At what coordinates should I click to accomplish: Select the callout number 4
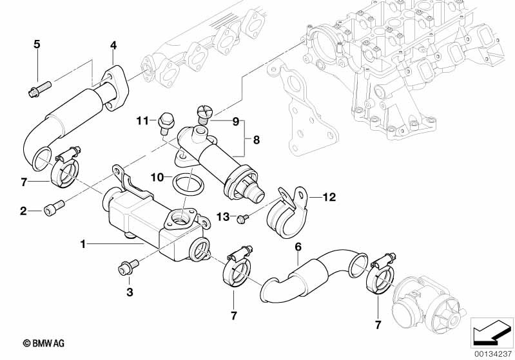tap(113, 45)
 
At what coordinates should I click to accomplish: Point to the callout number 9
tap(236, 121)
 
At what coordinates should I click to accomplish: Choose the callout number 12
tap(329, 197)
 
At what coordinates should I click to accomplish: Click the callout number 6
tap(298, 247)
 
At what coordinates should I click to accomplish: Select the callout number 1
tap(83, 244)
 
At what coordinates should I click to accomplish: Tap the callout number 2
tap(23, 210)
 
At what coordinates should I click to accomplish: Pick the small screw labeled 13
tap(242, 220)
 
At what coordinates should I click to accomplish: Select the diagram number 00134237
tap(493, 353)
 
